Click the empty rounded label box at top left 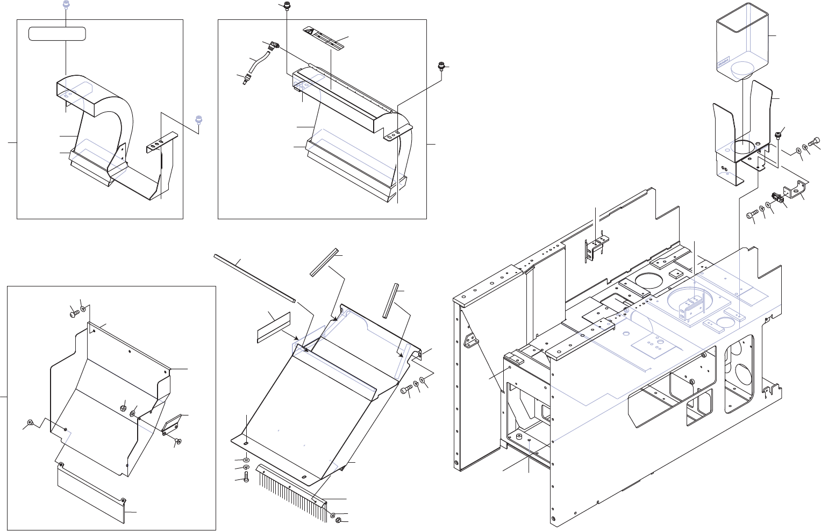pos(57,34)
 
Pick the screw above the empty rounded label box pos(66,5)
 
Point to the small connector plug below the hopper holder pos(776,198)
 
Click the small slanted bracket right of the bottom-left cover pos(172,425)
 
